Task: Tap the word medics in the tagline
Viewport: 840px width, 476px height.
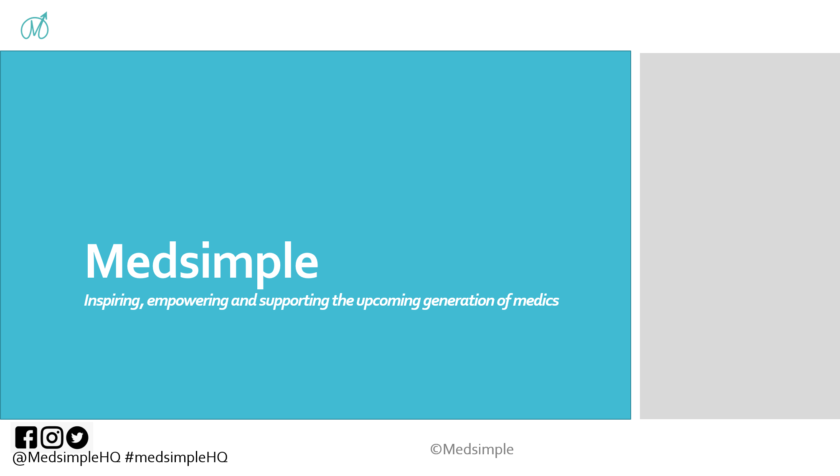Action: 536,301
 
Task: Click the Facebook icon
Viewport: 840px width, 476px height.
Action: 26,438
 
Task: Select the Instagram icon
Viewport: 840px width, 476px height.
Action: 52,438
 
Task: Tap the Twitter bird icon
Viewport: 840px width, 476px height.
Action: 77,438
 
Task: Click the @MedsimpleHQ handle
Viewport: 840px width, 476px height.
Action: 67,458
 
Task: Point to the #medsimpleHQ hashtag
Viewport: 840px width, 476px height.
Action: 176,458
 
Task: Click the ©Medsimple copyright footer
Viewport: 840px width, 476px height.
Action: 472,449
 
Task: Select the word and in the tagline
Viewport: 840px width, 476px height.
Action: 244,301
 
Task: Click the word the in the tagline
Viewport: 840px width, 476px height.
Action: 343,301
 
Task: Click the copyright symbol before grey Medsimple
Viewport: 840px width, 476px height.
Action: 436,450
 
